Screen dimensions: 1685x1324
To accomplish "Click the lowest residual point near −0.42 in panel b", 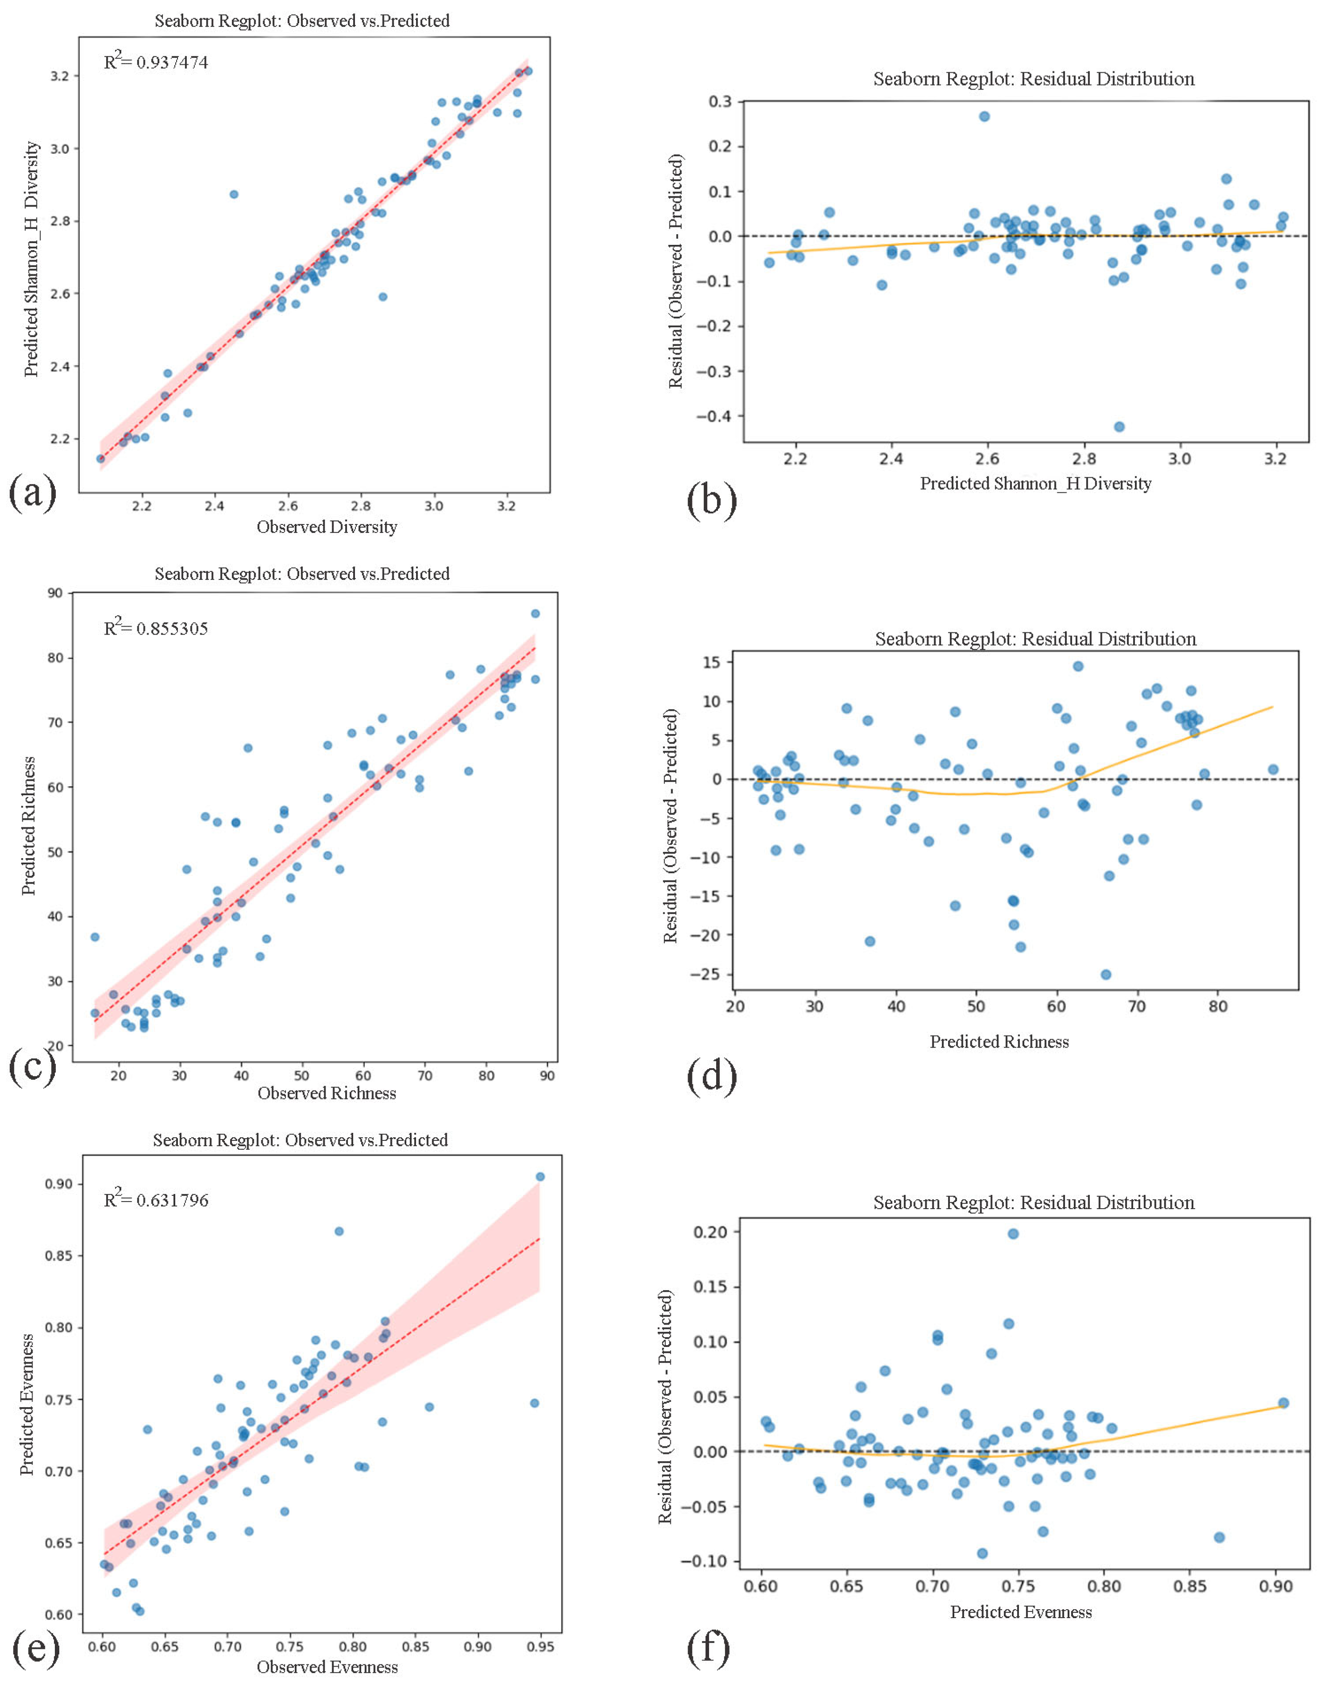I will [1118, 426].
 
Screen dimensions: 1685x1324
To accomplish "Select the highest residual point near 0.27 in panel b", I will [984, 116].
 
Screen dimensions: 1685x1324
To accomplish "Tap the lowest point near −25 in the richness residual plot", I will [1105, 974].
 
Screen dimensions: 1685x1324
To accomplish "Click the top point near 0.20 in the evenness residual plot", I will [1012, 1233].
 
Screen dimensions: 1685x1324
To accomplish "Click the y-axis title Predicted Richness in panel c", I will [29, 826].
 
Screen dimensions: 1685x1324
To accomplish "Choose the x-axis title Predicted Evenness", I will [1020, 1611].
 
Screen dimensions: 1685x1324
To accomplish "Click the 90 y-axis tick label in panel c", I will [55, 593].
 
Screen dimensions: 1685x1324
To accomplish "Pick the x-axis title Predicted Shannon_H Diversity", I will [1035, 483].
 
